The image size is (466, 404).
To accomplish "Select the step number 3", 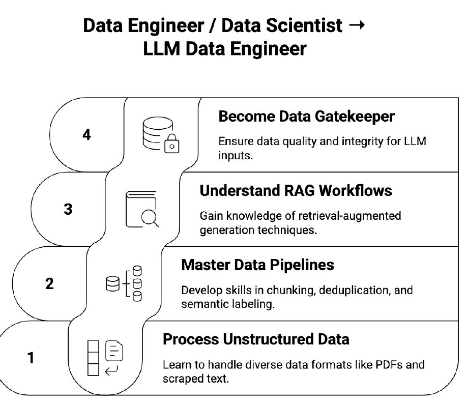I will point(68,210).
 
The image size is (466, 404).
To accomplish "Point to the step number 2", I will point(49,283).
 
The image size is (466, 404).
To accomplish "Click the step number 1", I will point(31,358).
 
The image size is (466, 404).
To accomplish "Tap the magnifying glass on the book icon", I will point(150,218).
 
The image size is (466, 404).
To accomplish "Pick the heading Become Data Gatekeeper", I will point(306,117).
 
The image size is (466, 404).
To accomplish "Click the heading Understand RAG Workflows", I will point(296,191).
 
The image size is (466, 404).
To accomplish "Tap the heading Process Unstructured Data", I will point(256,339).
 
